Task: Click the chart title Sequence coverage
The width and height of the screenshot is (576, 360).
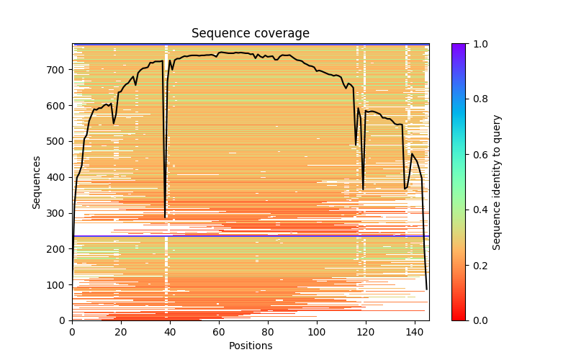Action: pyautogui.click(x=250, y=34)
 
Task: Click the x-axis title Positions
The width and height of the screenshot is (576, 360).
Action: pyautogui.click(x=250, y=346)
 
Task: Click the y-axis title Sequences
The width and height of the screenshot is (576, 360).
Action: pyautogui.click(x=36, y=182)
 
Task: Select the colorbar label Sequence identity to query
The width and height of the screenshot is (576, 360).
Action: pyautogui.click(x=497, y=182)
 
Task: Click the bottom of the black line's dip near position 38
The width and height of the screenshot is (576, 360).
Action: pyautogui.click(x=165, y=217)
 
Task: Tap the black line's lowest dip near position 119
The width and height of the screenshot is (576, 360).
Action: pyautogui.click(x=363, y=189)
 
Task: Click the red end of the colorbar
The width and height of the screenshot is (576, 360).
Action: pyautogui.click(x=459, y=318)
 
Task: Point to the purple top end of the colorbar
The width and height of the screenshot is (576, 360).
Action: pyautogui.click(x=459, y=46)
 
